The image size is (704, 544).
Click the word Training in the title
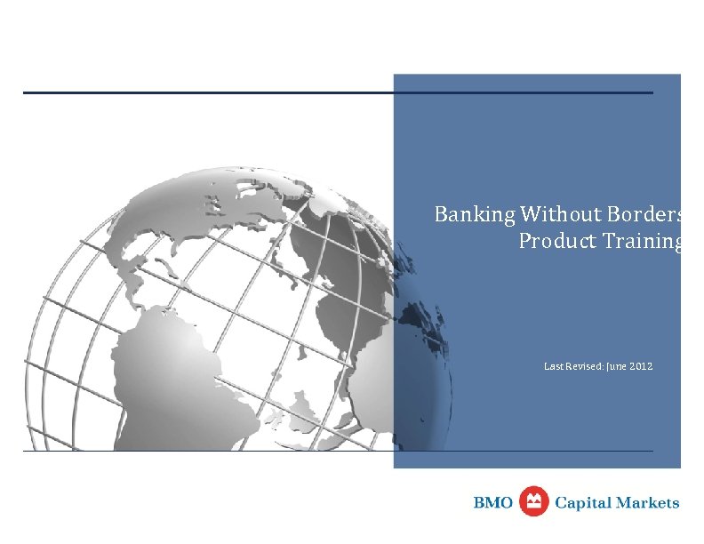tap(642, 242)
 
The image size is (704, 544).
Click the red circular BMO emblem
tap(534, 501)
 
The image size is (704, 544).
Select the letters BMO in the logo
tap(493, 503)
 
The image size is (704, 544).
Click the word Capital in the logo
tap(585, 503)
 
